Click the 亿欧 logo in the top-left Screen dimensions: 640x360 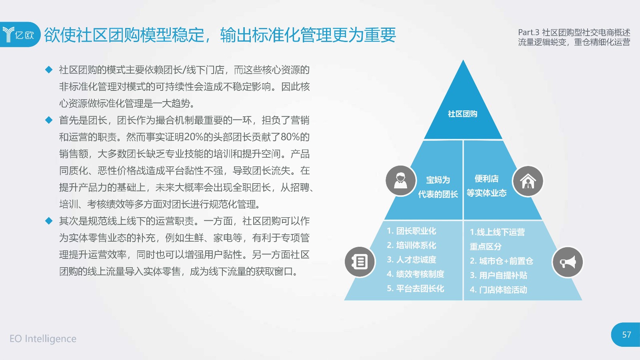18,34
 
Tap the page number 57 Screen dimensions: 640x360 626,334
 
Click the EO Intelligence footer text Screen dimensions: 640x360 43,338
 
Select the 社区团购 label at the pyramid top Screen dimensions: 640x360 462,114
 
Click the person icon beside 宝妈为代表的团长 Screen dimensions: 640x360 400,181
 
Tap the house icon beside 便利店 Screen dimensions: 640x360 528,181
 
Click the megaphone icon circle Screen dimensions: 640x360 568,262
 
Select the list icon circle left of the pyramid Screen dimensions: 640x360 360,262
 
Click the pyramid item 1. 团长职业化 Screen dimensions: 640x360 412,231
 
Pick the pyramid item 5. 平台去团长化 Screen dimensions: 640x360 416,288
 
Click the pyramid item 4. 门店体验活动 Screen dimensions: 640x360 498,290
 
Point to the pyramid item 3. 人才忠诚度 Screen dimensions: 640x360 412,260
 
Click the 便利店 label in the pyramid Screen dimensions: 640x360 486,179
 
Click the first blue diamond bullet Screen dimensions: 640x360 49,70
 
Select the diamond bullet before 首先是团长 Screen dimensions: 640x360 49,120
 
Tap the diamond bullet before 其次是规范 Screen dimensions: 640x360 49,220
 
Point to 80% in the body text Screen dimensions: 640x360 290,137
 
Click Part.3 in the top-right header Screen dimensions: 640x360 528,32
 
